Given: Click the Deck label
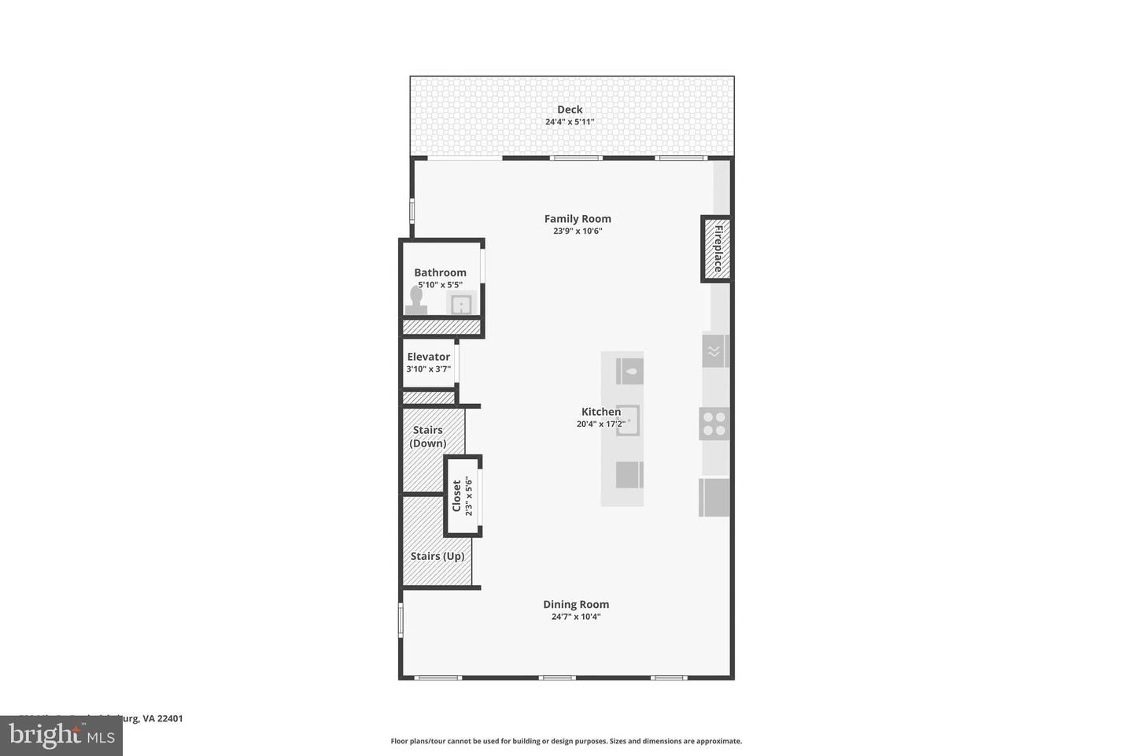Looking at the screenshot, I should pos(570,109).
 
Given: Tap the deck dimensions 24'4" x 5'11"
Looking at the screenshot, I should pos(570,122).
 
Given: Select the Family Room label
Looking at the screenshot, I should pos(578,219).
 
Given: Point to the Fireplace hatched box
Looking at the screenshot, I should pos(717,248).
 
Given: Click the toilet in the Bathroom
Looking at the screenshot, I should pos(416,300).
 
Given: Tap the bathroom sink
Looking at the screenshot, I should pos(461,303).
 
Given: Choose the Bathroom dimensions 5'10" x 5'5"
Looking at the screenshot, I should pos(440,285).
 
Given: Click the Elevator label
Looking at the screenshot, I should pos(429,357).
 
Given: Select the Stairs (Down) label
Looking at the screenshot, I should pos(428,436).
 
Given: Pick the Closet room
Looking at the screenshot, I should pos(462,496).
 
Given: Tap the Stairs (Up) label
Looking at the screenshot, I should pos(437,556).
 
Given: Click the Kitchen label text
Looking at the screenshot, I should pos(601,411).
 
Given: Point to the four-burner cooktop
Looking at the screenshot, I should pos(714,424).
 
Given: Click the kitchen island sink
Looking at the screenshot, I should pos(629,421).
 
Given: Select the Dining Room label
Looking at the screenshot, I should pos(576,604).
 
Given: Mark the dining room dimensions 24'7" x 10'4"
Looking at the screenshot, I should pos(576,617).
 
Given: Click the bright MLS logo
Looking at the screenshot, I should pos(61,736).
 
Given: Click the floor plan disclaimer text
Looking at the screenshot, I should pos(566,741).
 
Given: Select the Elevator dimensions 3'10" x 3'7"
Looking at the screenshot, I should pos(429,369).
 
